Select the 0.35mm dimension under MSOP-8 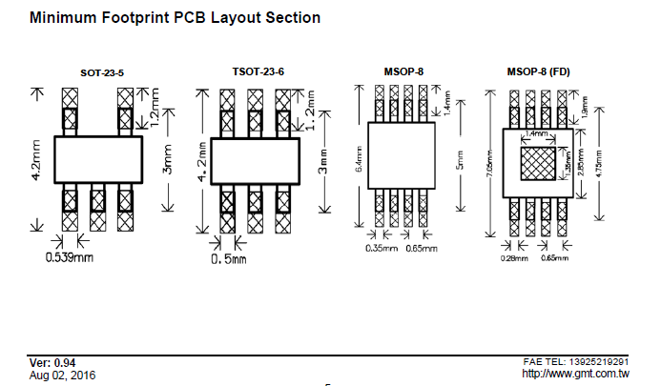click(380, 249)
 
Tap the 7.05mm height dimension click(489, 165)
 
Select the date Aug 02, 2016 click(62, 375)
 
